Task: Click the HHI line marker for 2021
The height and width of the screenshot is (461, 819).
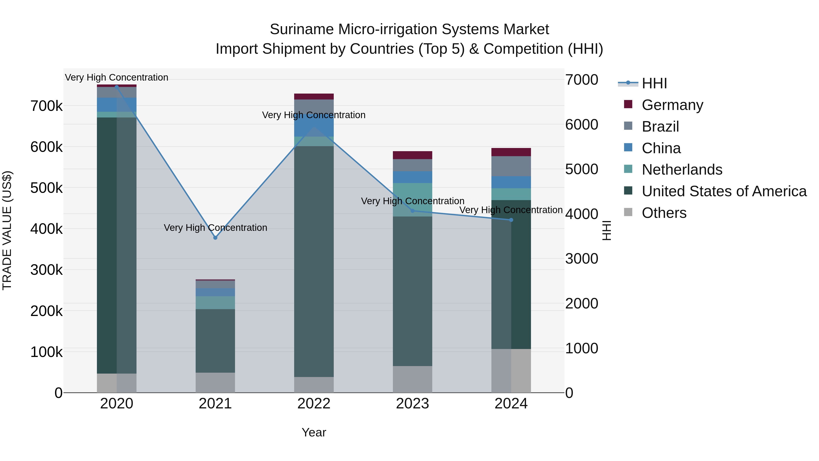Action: pos(215,238)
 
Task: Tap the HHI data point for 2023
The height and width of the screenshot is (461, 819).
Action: pos(412,211)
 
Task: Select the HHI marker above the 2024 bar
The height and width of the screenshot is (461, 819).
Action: pos(511,220)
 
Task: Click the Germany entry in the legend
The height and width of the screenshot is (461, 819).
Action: pos(672,105)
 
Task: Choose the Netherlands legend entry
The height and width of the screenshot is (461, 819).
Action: pos(682,170)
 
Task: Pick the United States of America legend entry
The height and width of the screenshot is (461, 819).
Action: pos(724,191)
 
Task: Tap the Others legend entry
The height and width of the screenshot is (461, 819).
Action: pos(664,213)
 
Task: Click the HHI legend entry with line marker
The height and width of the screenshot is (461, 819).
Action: pos(654,83)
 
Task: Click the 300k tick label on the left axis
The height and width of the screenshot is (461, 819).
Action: pos(46,270)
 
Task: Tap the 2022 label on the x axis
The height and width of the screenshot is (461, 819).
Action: pos(314,404)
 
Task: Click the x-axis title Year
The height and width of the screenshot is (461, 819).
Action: pos(314,432)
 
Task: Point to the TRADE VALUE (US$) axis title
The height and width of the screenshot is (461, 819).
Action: pos(7,230)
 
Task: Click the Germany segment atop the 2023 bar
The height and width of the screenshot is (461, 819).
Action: pos(412,155)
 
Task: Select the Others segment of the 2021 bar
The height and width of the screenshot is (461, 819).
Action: pos(215,382)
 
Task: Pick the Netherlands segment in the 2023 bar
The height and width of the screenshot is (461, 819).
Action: pos(412,199)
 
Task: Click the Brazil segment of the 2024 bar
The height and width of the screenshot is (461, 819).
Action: pos(511,166)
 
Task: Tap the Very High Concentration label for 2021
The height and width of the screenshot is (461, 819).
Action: pos(215,228)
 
